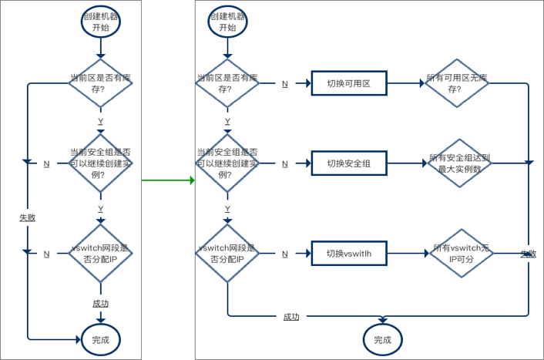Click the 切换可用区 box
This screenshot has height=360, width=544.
[348, 83]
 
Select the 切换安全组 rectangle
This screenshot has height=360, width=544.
[348, 163]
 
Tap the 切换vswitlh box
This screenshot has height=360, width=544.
[348, 253]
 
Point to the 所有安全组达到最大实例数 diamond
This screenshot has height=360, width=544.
[459, 163]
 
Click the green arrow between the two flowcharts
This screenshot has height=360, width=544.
[168, 180]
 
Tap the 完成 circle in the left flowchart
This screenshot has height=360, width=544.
[101, 339]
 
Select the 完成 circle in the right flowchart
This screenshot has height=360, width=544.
[382, 340]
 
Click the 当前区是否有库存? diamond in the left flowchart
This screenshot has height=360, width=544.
[100, 83]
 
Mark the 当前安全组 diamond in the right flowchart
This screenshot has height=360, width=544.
[227, 163]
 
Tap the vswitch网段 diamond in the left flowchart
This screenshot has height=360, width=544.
[101, 254]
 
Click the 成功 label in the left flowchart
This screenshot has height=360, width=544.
[100, 304]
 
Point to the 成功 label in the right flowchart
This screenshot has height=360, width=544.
[291, 317]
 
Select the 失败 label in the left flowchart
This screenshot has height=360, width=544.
[28, 218]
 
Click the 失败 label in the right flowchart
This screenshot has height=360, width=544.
[528, 254]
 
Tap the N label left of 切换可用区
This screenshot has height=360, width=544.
[285, 83]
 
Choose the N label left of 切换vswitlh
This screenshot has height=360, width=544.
[285, 254]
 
